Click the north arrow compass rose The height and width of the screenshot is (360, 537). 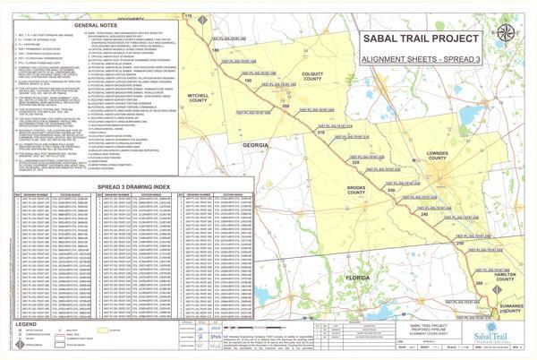tap(507, 33)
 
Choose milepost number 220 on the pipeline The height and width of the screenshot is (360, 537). tap(355, 162)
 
